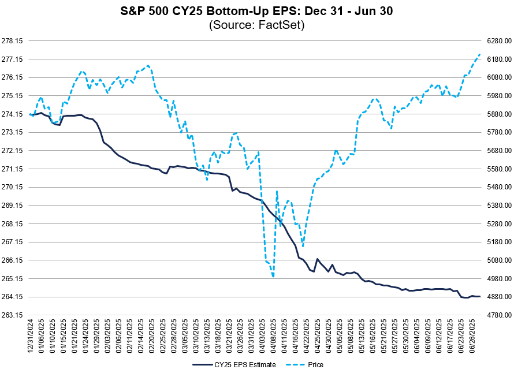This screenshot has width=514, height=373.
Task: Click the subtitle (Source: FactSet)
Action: pos(256,25)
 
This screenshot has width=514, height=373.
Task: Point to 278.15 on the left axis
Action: pos(12,41)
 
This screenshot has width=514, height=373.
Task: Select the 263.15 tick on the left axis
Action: pos(12,315)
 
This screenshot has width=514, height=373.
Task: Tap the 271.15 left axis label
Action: pos(12,169)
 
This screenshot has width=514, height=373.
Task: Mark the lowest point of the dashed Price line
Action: pos(273,277)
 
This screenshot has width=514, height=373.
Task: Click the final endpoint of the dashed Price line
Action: pos(480,54)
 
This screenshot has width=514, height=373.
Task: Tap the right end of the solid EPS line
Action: pos(480,297)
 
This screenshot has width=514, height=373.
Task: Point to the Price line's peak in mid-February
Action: pos(148,65)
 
